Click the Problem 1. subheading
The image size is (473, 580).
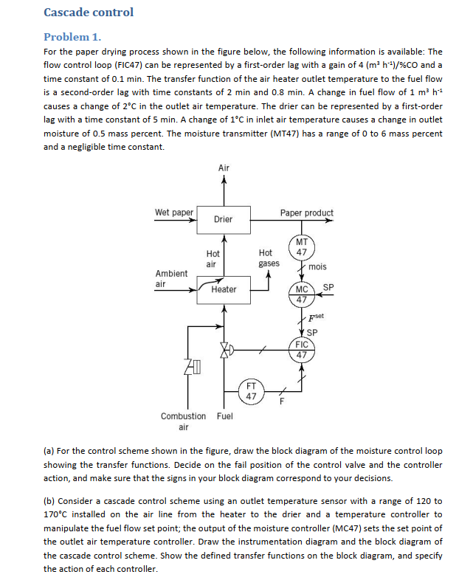[x=72, y=36]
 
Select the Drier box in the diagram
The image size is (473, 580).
[x=223, y=219]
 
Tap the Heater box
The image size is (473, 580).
[x=223, y=289]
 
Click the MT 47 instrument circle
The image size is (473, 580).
[x=302, y=247]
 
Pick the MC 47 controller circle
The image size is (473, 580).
[x=302, y=294]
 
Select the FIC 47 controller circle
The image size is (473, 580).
[x=302, y=349]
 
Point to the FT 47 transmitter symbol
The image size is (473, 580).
[x=251, y=390]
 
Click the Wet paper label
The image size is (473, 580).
[x=173, y=213]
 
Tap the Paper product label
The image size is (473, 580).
[x=306, y=213]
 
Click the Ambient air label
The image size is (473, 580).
[x=171, y=278]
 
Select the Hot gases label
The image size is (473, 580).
[x=269, y=258]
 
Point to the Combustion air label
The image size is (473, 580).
[x=184, y=421]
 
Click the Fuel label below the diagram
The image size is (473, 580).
[x=224, y=416]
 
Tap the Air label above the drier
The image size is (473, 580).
[x=224, y=168]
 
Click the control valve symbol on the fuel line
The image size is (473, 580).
[x=224, y=348]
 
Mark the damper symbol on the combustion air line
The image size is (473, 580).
[x=193, y=367]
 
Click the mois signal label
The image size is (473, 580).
[x=318, y=266]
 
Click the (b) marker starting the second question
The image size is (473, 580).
[x=50, y=502]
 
